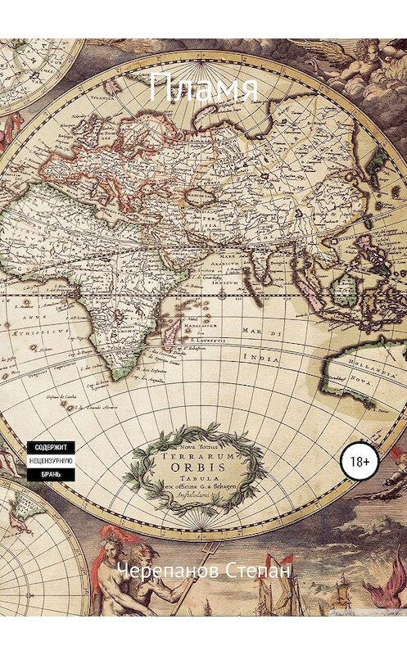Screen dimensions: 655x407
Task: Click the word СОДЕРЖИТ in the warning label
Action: point(54,448)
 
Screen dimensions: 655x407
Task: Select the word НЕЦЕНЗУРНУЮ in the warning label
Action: point(54,461)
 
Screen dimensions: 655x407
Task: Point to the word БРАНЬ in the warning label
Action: point(54,474)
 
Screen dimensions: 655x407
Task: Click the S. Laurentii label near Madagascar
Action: point(209,337)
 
